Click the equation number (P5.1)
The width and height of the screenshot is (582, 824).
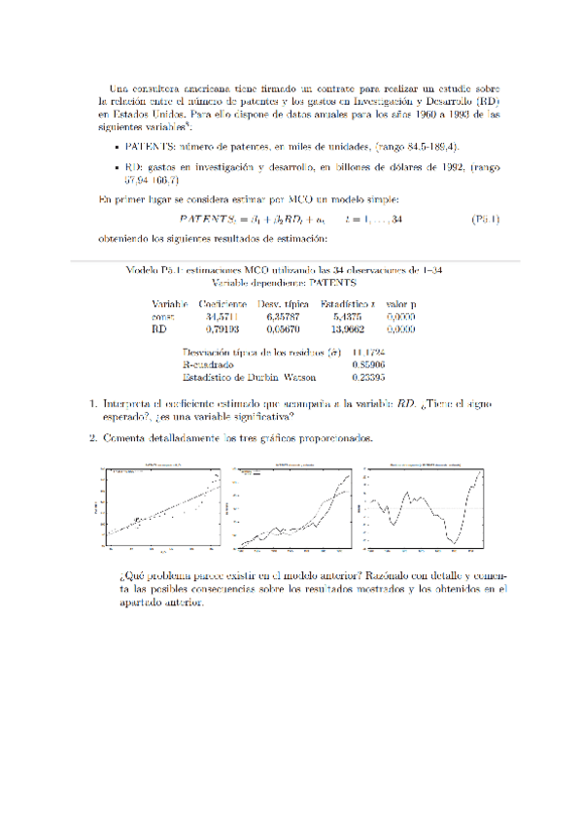pyautogui.click(x=484, y=220)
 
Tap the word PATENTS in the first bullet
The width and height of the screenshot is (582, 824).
pyautogui.click(x=150, y=146)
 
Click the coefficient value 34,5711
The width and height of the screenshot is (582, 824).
pyautogui.click(x=223, y=317)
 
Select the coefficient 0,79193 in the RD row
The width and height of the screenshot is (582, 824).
pyautogui.click(x=223, y=329)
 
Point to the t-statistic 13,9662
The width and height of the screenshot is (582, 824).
pyautogui.click(x=347, y=329)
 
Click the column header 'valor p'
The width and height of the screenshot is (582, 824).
pyautogui.click(x=400, y=304)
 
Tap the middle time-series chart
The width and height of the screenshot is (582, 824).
pyautogui.click(x=292, y=508)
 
